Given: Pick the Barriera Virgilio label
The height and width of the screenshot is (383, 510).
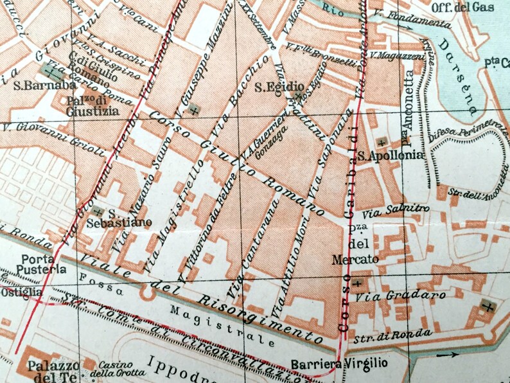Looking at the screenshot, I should point(339,364).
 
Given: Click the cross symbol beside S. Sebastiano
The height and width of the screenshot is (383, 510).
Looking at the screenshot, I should point(98,211).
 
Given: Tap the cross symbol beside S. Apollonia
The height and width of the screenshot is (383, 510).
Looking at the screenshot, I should point(382,142).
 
